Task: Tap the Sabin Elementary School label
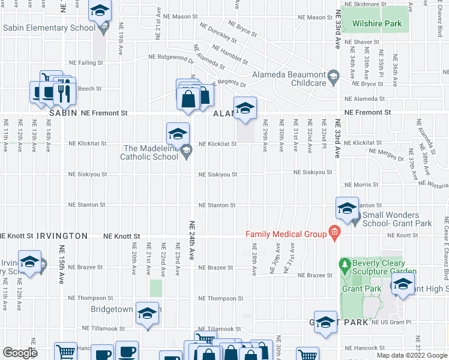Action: pos(49,28)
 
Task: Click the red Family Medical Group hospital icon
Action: pos(334,233)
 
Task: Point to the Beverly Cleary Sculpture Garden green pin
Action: pos(345,264)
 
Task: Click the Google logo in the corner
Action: pos(20,353)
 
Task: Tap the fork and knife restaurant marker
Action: pos(62,92)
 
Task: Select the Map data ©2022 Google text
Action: pos(412,355)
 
